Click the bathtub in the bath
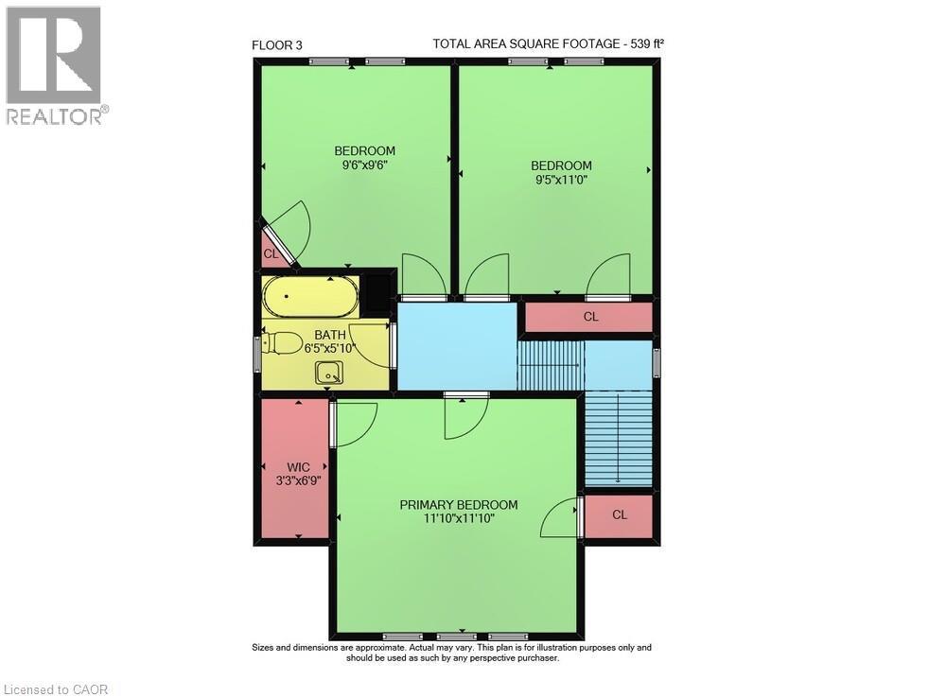click(310, 297)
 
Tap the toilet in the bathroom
click(284, 343)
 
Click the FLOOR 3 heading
click(277, 44)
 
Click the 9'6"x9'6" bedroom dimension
click(364, 165)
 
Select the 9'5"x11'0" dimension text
click(561, 180)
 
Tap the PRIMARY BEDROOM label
click(458, 504)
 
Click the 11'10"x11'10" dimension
click(458, 518)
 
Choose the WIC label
click(298, 466)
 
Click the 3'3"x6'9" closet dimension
click(298, 480)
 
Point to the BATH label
click(330, 335)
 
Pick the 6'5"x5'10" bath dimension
click(330, 348)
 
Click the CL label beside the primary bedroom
click(620, 515)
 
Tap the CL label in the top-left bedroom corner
click(271, 253)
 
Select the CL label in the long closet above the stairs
click(590, 317)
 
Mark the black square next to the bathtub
click(379, 292)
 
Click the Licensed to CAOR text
click(56, 688)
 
